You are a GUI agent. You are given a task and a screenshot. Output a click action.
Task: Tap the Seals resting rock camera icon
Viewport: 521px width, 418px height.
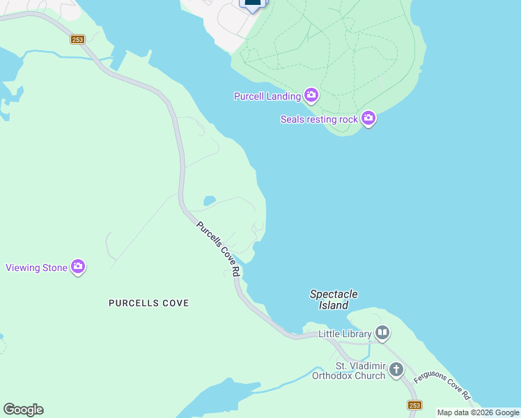tap(368, 119)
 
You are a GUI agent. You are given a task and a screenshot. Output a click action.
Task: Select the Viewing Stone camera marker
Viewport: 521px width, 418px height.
tap(78, 267)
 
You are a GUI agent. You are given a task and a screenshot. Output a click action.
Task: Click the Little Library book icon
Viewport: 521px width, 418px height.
tap(382, 334)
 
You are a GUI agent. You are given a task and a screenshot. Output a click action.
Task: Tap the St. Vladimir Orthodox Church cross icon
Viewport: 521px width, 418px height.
tap(396, 369)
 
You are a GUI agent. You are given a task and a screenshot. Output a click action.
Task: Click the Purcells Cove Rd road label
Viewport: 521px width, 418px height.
tap(218, 248)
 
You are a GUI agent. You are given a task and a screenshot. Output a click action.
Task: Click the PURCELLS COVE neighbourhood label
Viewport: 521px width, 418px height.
tap(149, 303)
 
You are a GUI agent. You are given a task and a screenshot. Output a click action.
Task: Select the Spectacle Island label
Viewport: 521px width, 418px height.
tap(334, 300)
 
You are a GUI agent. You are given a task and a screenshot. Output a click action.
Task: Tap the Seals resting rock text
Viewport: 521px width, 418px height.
tap(319, 119)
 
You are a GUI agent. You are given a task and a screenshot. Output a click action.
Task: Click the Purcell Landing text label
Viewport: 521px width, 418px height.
tap(267, 96)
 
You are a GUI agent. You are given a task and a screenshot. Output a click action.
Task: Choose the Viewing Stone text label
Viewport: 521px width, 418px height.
tap(37, 268)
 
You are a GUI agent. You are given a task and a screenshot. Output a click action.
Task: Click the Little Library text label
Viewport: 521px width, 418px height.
tap(345, 334)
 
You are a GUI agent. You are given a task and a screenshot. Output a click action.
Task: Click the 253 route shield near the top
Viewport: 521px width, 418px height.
tap(77, 40)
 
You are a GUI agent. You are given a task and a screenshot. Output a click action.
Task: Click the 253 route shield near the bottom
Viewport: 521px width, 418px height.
tap(414, 405)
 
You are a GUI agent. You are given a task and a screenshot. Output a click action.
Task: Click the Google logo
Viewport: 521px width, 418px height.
tap(23, 410)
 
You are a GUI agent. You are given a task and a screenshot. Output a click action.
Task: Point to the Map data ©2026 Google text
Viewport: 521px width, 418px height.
tap(478, 412)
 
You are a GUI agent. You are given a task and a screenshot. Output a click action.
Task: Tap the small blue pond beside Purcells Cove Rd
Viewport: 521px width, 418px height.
tap(209, 201)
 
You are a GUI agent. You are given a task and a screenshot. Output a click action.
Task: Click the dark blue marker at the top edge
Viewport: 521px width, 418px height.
tap(253, 3)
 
